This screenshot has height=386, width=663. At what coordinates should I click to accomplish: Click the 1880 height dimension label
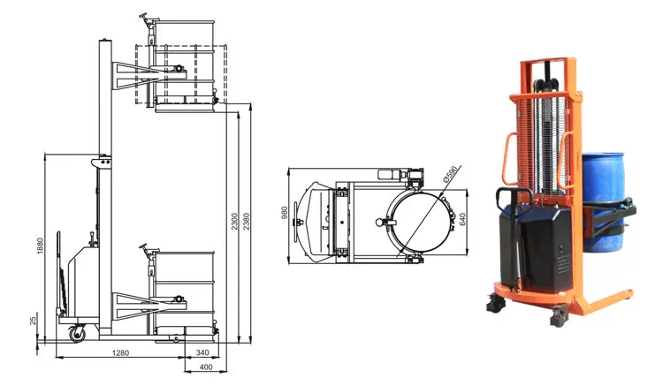(x=40, y=246)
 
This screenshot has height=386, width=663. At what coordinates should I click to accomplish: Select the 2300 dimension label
(x=234, y=222)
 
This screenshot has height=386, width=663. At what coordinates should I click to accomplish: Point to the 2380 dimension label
(x=246, y=222)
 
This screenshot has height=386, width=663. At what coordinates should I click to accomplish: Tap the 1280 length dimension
(x=120, y=352)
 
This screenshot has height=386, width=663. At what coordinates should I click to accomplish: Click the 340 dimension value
(x=202, y=352)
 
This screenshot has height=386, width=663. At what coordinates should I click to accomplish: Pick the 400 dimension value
(x=205, y=367)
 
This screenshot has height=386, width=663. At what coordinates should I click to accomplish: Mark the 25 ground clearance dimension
(x=34, y=321)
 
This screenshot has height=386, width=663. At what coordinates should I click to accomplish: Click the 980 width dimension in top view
(x=284, y=212)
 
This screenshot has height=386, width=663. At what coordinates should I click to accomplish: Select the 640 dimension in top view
(x=462, y=219)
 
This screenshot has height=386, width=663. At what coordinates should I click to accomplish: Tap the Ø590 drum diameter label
(x=450, y=174)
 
